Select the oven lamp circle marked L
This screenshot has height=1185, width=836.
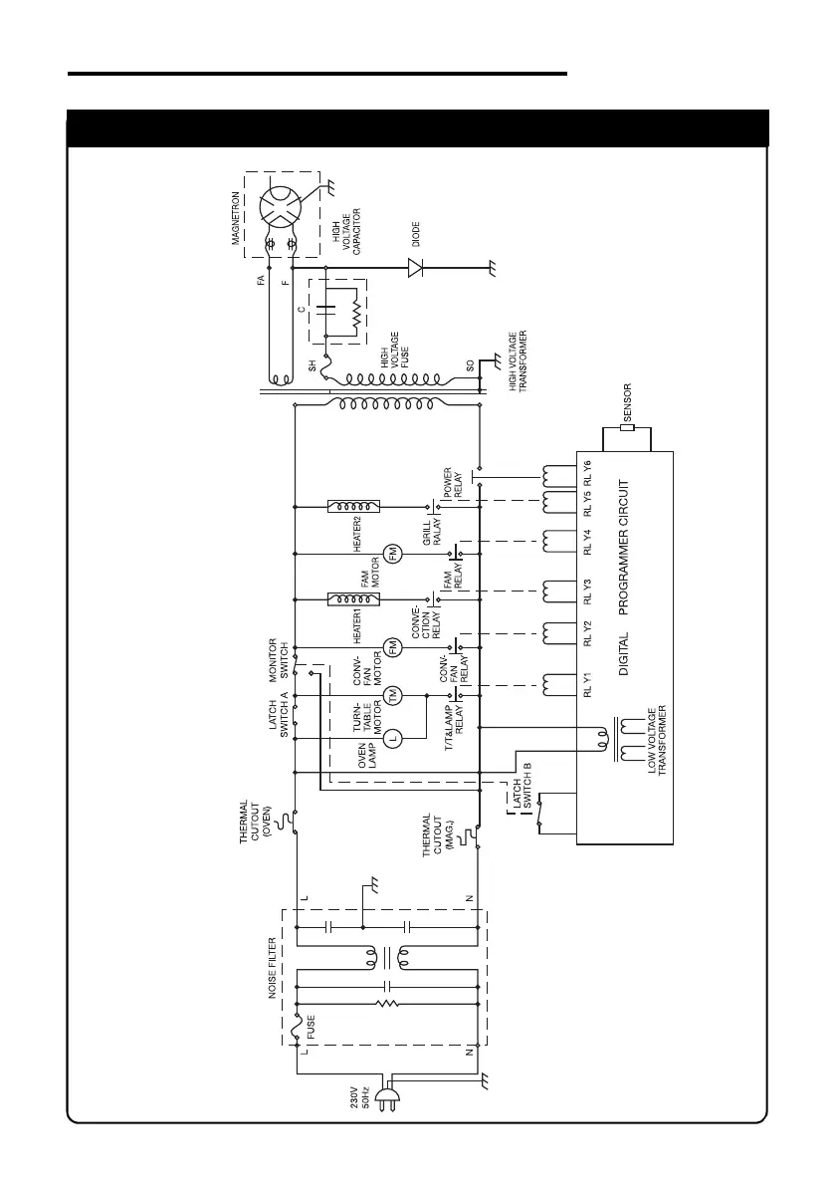(x=392, y=738)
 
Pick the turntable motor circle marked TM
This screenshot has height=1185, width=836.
(x=392, y=694)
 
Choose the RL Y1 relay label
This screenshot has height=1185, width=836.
(x=587, y=685)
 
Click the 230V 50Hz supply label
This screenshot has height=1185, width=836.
(x=361, y=1102)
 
